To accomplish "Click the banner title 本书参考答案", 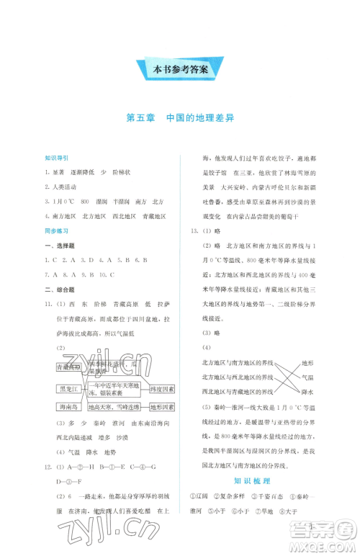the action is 180,70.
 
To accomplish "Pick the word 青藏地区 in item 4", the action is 152,216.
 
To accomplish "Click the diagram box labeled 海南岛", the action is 68,407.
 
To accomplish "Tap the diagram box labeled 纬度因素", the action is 163,390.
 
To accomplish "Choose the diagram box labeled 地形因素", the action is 163,407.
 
